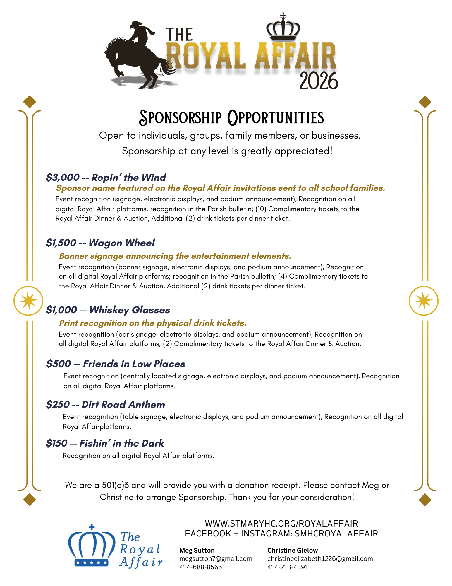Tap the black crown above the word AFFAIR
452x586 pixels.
click(x=283, y=28)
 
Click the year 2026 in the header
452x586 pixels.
click(x=318, y=81)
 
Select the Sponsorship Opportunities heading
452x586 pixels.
click(x=231, y=118)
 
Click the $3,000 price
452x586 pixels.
click(x=63, y=177)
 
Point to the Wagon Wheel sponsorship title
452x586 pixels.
click(x=122, y=243)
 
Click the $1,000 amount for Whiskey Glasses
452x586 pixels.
click(x=61, y=310)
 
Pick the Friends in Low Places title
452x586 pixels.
click(x=134, y=364)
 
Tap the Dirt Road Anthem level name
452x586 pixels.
click(x=123, y=405)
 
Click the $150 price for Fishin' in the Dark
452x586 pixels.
click(x=56, y=443)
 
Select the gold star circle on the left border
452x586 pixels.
click(x=28, y=301)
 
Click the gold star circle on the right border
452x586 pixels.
click(x=423, y=301)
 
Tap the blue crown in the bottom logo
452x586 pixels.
click(x=92, y=546)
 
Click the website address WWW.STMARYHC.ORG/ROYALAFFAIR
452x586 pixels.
click(x=281, y=524)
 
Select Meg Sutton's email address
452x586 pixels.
click(x=216, y=559)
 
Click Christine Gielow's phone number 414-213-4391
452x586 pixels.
click(x=288, y=567)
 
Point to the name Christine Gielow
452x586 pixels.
click(x=292, y=551)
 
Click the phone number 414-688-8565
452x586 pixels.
click(x=200, y=567)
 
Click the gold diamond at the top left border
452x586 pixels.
click(x=29, y=102)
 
